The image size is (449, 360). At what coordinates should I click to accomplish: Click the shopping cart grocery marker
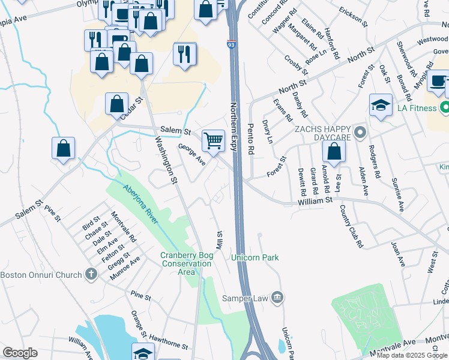(x=213, y=141)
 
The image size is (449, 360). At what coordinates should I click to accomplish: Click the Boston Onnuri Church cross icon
(x=91, y=275)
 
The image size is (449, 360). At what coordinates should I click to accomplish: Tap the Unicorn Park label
(x=255, y=257)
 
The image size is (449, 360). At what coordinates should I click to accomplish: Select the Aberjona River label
(x=140, y=204)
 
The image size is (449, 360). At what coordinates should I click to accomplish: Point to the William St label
(x=315, y=202)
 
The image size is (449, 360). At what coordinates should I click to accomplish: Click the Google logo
(x=20, y=353)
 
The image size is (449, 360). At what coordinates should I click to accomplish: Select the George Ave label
(x=192, y=154)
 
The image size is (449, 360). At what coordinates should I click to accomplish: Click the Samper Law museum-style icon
(x=277, y=297)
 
